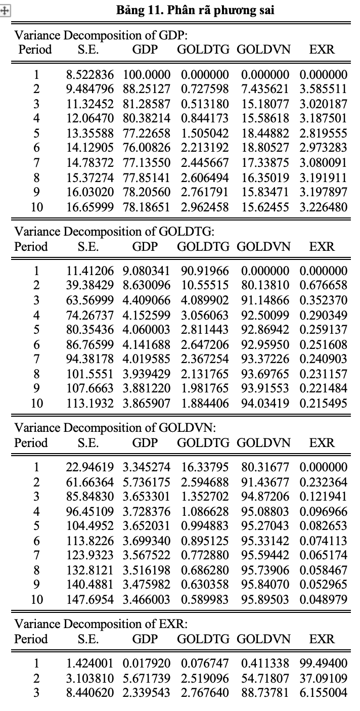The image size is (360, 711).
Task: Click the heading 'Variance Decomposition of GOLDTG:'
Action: (x=115, y=232)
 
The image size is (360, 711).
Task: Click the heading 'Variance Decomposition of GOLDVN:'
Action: (x=115, y=428)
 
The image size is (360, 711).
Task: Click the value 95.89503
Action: (x=265, y=599)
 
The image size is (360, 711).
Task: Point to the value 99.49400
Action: (x=323, y=662)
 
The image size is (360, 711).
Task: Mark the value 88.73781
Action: (x=265, y=689)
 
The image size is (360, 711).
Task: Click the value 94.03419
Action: (x=265, y=403)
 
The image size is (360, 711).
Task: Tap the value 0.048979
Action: (x=323, y=599)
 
